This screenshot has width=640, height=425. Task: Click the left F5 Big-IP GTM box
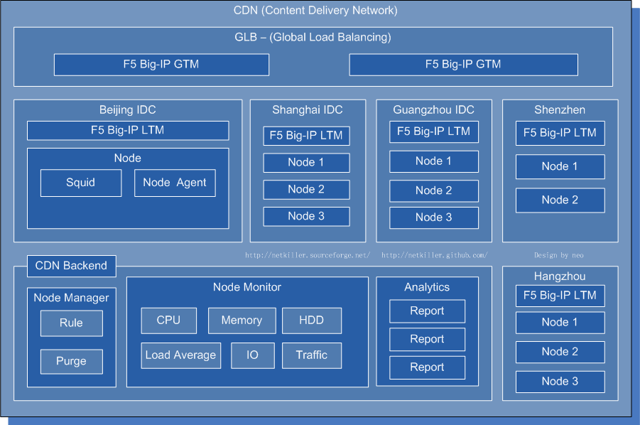(x=161, y=65)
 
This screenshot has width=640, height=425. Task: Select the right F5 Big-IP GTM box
(x=463, y=65)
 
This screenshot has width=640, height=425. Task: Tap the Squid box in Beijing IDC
(x=80, y=183)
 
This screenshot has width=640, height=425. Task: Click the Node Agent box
(x=175, y=183)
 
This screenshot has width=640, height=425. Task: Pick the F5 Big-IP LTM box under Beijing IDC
(x=128, y=131)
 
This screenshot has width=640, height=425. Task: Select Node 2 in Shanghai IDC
(x=306, y=190)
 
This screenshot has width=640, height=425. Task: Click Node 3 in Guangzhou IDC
(x=433, y=217)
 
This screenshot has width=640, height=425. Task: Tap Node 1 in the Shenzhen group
(x=560, y=166)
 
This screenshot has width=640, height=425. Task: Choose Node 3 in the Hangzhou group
(x=560, y=382)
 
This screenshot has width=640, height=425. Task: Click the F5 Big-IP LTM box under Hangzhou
(x=560, y=296)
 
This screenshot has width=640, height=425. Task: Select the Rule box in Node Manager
(x=71, y=323)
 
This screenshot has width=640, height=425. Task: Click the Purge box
(x=71, y=362)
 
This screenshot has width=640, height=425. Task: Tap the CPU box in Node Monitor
(x=168, y=321)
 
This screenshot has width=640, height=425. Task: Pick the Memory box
(x=242, y=321)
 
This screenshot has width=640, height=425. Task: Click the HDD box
(x=311, y=321)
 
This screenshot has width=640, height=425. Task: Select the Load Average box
(x=180, y=355)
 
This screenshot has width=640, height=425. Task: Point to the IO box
(x=252, y=355)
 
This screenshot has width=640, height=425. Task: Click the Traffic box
(x=311, y=355)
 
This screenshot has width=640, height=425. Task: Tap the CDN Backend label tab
(x=71, y=266)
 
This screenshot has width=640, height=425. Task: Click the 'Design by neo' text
(x=558, y=255)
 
